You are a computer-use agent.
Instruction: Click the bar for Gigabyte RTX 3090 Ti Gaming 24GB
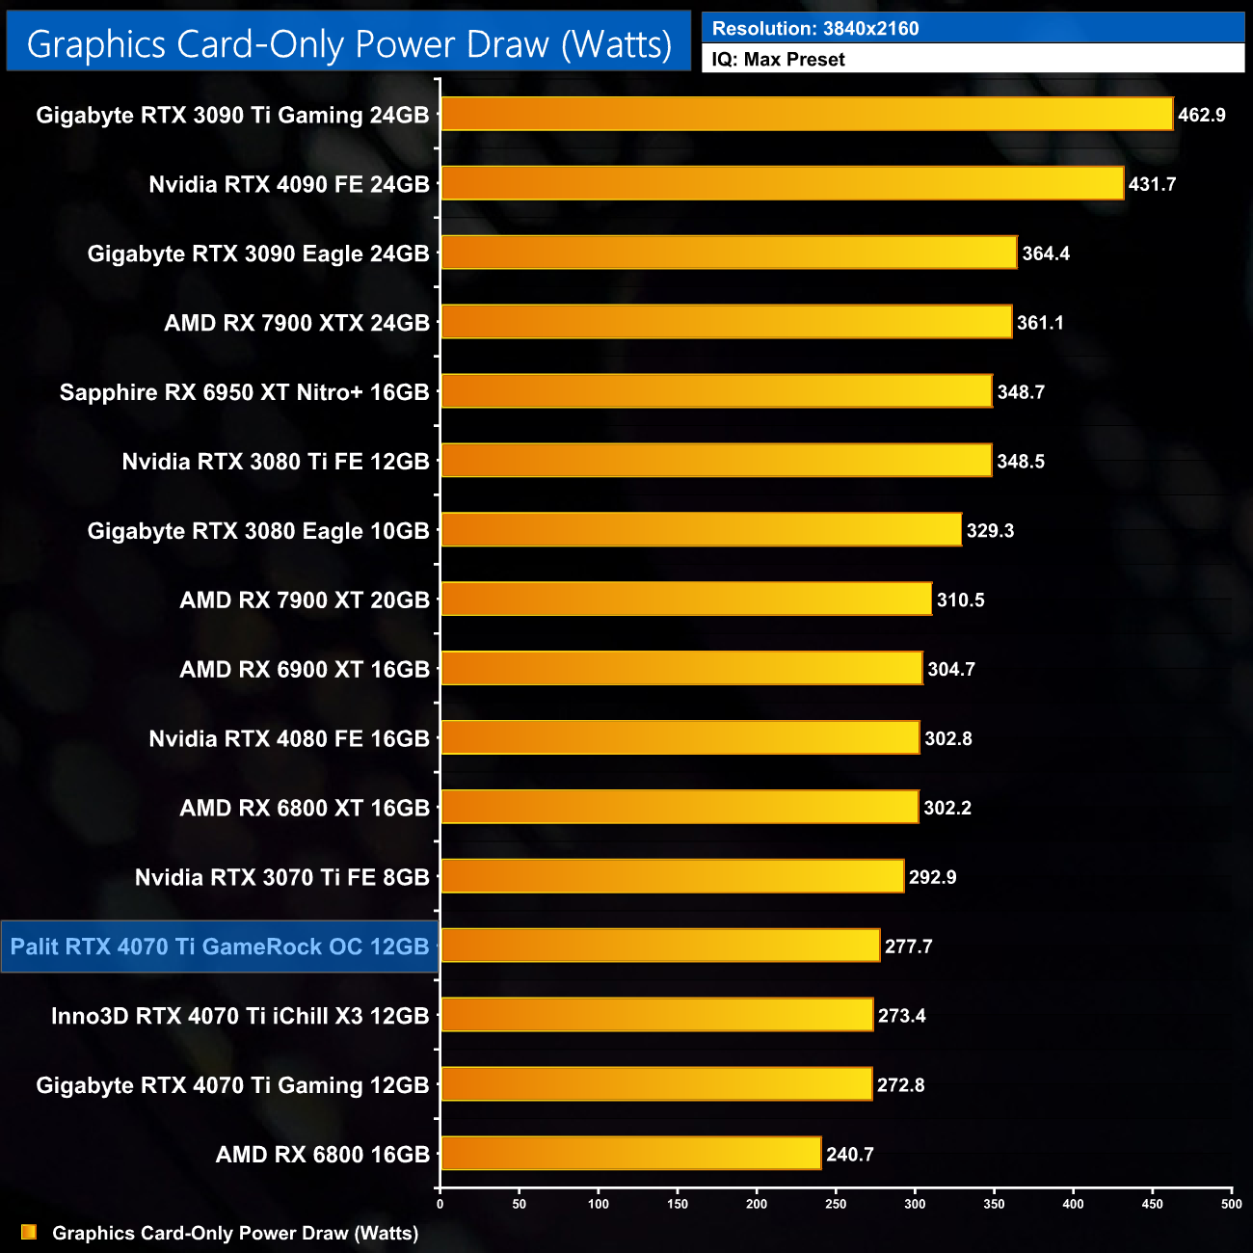[807, 114]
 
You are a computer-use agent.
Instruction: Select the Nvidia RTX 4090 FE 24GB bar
[782, 183]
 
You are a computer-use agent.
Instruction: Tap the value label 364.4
[1046, 253]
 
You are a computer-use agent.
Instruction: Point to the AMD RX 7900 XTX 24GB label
[297, 323]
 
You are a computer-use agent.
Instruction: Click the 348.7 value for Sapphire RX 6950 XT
[1021, 392]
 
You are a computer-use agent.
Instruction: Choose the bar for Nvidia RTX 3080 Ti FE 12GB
[716, 461]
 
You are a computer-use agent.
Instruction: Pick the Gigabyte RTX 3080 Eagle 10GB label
[258, 531]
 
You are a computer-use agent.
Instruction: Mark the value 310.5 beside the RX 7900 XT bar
[960, 600]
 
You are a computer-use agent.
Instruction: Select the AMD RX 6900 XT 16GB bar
[681, 669]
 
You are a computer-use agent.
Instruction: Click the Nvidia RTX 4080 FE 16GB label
[289, 738]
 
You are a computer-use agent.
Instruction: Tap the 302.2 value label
[947, 808]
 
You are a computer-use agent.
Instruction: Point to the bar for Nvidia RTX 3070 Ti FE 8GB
[672, 876]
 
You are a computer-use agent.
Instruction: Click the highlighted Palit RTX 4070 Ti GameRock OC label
[220, 946]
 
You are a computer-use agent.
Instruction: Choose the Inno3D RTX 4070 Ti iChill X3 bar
[656, 1015]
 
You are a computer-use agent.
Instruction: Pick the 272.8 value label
[900, 1084]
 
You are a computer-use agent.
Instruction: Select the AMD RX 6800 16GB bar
[630, 1154]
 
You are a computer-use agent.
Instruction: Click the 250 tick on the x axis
[836, 1204]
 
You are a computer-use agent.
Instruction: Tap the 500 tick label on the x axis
[1231, 1204]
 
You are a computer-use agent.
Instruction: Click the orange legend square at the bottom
[29, 1233]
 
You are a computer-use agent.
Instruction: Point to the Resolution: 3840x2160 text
[815, 29]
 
